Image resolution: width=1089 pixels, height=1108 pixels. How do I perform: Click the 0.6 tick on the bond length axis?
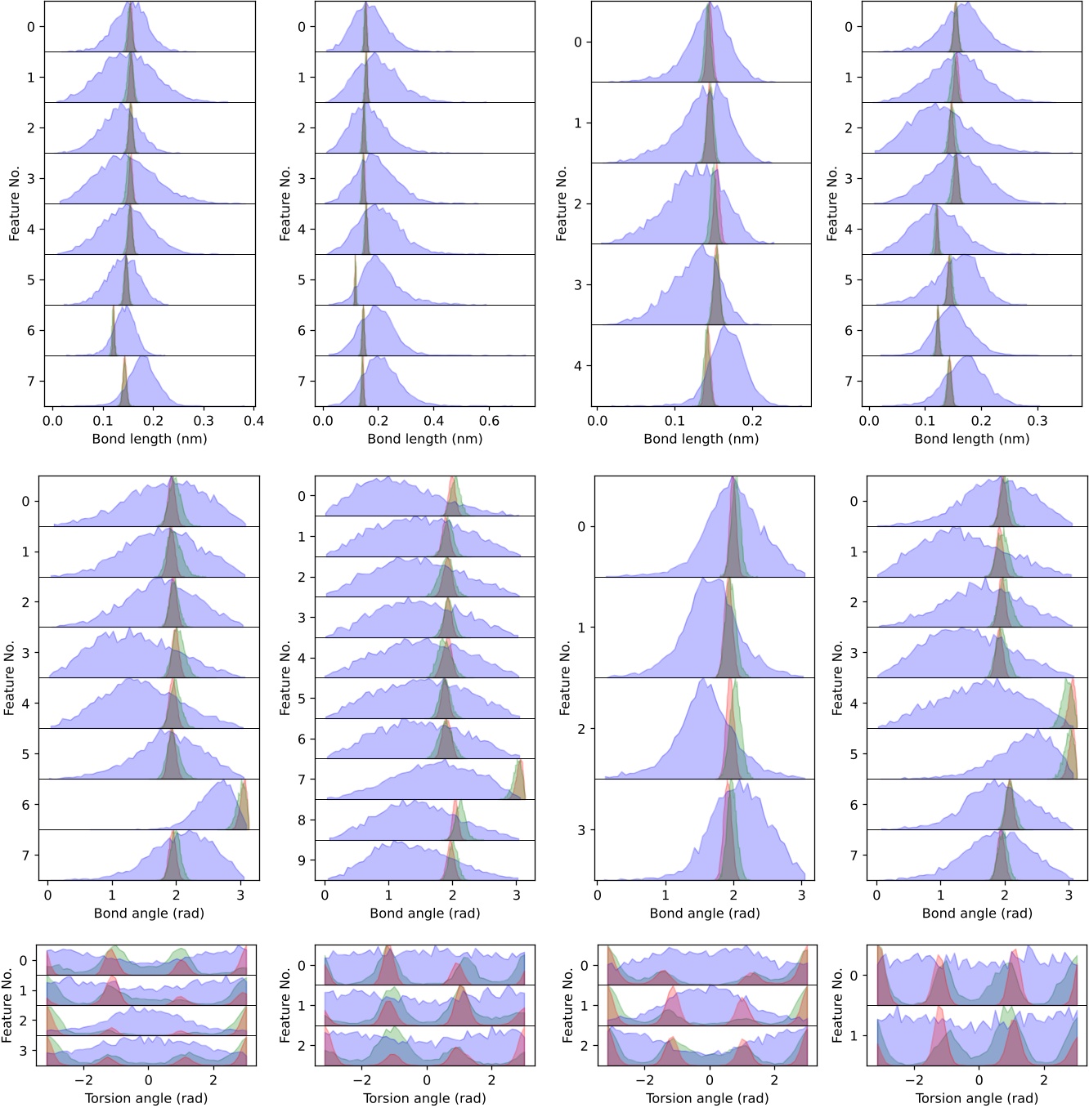click(x=489, y=421)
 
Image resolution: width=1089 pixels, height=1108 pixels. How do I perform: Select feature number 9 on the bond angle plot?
click(x=302, y=860)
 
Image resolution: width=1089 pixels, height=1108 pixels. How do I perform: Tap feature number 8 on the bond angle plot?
click(x=302, y=820)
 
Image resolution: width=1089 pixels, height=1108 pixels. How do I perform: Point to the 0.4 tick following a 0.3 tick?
click(x=253, y=421)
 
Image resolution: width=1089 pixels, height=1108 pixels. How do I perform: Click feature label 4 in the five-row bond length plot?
click(x=578, y=366)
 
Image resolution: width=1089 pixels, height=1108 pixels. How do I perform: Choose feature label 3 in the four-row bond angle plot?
click(x=581, y=830)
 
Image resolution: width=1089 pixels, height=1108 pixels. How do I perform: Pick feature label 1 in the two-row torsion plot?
click(x=854, y=1035)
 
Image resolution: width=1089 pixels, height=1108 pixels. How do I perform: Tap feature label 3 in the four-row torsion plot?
click(x=24, y=1051)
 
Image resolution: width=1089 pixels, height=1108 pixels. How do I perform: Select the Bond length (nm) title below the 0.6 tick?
click(x=425, y=439)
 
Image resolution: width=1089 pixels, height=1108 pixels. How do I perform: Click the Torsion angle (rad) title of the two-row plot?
click(x=976, y=1098)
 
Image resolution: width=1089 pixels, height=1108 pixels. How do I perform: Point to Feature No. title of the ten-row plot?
click(x=285, y=678)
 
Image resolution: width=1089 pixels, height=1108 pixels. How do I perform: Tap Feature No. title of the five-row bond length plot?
click(x=562, y=204)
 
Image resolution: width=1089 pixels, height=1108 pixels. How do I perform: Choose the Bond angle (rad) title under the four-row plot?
click(x=705, y=914)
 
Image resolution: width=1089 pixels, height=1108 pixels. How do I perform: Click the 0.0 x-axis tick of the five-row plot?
click(x=598, y=421)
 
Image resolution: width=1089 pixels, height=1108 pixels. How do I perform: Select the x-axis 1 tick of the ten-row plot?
click(x=389, y=896)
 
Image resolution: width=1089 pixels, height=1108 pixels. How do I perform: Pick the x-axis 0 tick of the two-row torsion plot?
click(x=979, y=1080)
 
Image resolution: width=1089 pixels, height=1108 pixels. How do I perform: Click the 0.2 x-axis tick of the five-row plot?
click(x=752, y=421)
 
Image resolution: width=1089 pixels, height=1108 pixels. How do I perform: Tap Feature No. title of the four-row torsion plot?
click(x=7, y=1006)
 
